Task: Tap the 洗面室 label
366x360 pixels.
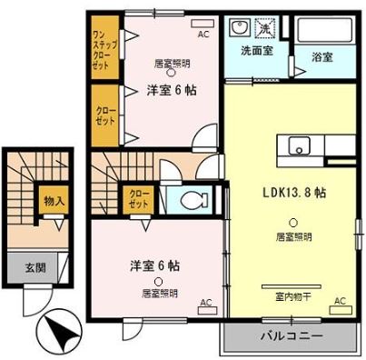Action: pyautogui.click(x=256, y=51)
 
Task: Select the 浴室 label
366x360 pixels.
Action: pyautogui.click(x=323, y=56)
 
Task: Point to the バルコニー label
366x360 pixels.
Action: pyautogui.click(x=292, y=335)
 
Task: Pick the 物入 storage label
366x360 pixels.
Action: pyautogui.click(x=54, y=200)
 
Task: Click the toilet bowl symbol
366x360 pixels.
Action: pyautogui.click(x=193, y=199)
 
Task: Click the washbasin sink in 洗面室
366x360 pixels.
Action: pyautogui.click(x=241, y=27)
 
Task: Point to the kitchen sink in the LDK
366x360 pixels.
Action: pyautogui.click(x=298, y=145)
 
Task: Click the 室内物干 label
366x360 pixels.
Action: pyautogui.click(x=292, y=295)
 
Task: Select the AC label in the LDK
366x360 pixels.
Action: pyautogui.click(x=340, y=300)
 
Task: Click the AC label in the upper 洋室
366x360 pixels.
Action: pyautogui.click(x=203, y=34)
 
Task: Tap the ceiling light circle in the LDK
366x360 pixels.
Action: pyautogui.click(x=292, y=223)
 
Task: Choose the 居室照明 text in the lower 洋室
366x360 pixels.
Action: pyautogui.click(x=159, y=293)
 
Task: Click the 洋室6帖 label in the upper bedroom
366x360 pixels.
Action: pyautogui.click(x=172, y=89)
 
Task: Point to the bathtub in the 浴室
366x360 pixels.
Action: pyautogui.click(x=328, y=30)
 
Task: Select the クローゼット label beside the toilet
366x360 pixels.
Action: pyautogui.click(x=139, y=198)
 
